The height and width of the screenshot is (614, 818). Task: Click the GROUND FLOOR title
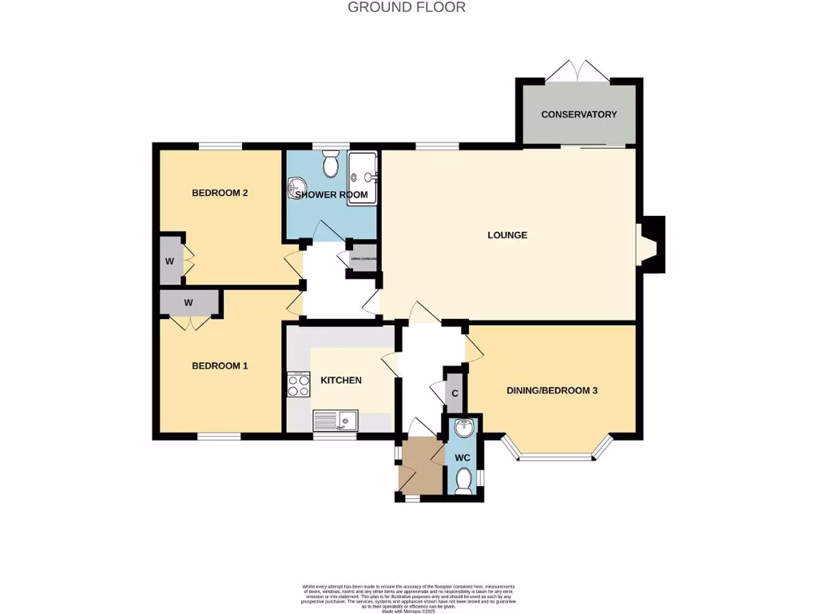pyautogui.click(x=407, y=7)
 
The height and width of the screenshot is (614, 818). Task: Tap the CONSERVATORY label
pyautogui.click(x=578, y=114)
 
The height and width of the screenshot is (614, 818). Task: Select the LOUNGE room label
pyautogui.click(x=507, y=235)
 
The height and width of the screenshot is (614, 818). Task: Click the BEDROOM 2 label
pyautogui.click(x=220, y=193)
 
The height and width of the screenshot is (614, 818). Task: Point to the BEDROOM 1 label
pyautogui.click(x=220, y=365)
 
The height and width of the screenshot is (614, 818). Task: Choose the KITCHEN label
pyautogui.click(x=341, y=380)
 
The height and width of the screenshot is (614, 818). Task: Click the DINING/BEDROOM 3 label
pyautogui.click(x=552, y=391)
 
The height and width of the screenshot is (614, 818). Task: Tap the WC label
pyautogui.click(x=463, y=458)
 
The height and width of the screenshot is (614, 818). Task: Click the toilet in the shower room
pyautogui.click(x=331, y=165)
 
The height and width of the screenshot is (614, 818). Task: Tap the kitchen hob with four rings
pyautogui.click(x=299, y=385)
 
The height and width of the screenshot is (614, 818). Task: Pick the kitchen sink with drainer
pyautogui.click(x=336, y=419)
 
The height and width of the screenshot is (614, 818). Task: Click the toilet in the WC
pyautogui.click(x=463, y=480)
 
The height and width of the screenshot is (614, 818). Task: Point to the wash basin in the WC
pyautogui.click(x=463, y=430)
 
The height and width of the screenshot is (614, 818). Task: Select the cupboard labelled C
pyautogui.click(x=455, y=393)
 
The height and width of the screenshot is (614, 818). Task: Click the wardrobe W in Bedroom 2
pyautogui.click(x=170, y=260)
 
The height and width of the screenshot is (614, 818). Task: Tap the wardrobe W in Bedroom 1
pyautogui.click(x=189, y=303)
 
